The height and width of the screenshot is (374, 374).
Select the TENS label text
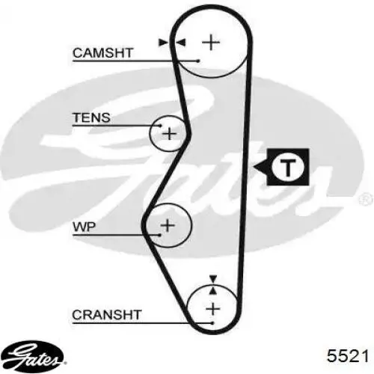pos(91,117)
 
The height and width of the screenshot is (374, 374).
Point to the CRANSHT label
pos(106,315)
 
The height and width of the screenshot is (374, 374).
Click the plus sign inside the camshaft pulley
pos(212,42)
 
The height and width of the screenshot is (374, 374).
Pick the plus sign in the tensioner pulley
pos(170,134)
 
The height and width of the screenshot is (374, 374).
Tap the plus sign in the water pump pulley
pos(168,224)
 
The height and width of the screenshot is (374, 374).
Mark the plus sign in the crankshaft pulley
pos(214,307)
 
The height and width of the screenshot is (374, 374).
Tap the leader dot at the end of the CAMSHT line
pos(198,61)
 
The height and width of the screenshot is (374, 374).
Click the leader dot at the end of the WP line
pos(159,234)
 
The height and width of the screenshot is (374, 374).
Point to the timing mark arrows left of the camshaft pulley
pos(171,43)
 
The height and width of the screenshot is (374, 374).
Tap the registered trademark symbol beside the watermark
pos(365,198)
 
